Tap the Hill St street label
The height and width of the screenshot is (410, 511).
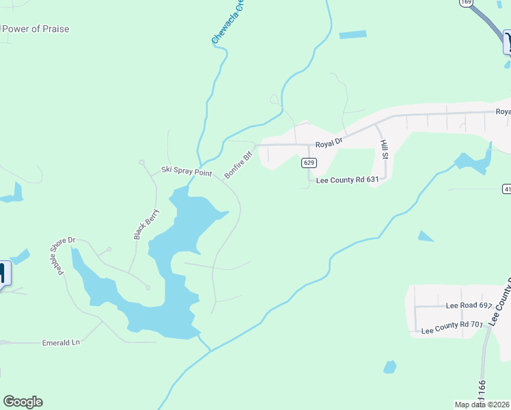(384, 148)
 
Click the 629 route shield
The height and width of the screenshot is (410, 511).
(309, 163)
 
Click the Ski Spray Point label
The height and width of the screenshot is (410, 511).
(187, 171)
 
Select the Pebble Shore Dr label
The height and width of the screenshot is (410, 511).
(66, 254)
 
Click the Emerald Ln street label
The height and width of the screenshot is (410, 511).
(61, 341)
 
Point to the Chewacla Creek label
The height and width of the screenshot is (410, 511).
(227, 24)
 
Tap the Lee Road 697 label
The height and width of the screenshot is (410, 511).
(469, 305)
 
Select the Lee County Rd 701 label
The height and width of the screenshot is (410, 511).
(452, 328)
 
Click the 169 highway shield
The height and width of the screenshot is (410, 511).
(466, 3)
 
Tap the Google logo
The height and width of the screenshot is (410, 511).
(23, 402)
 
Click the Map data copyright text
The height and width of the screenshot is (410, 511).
(482, 404)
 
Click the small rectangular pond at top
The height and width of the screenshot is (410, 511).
(353, 34)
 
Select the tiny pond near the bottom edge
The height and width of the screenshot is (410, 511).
(389, 367)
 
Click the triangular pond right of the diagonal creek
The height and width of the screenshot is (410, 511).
(425, 236)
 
